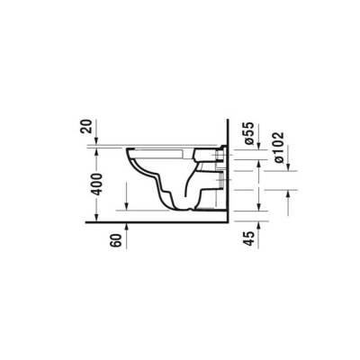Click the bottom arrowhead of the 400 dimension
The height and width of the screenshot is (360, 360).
pyautogui.click(x=127, y=211)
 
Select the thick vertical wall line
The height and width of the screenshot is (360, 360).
pyautogui.click(x=229, y=171)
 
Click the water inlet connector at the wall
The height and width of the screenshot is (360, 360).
pyautogui.click(x=221, y=156)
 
